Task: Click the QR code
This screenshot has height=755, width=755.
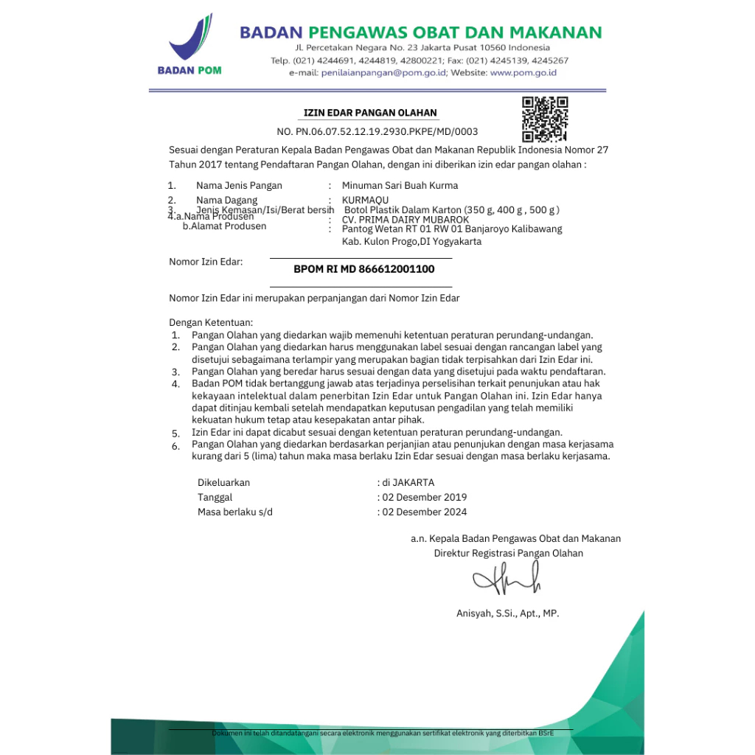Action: [545, 119]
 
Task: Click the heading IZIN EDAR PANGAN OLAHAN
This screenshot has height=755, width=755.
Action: [371, 113]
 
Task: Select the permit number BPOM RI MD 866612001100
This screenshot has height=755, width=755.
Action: [364, 269]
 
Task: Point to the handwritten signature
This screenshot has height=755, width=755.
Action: [508, 580]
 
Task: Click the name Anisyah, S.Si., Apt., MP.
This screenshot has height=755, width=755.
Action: [508, 613]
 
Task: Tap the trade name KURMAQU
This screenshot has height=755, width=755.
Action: [365, 200]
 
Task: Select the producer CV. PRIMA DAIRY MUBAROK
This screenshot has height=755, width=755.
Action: [406, 220]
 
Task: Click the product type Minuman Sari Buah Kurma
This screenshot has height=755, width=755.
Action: [400, 186]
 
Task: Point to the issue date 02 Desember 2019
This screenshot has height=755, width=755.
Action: [424, 497]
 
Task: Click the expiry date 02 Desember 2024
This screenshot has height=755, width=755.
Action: [424, 512]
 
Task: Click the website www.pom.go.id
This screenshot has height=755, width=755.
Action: [523, 73]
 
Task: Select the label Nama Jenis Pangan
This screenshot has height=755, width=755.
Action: [239, 186]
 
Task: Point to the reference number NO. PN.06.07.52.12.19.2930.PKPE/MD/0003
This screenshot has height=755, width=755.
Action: [377, 132]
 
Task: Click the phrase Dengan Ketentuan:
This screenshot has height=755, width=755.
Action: [211, 322]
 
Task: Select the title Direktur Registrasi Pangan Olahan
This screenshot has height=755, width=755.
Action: [509, 553]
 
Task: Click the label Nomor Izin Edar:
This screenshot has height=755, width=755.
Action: [206, 262]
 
